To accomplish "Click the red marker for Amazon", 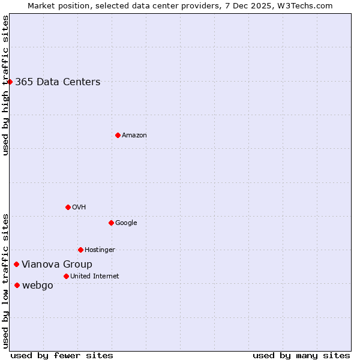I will point(118,135).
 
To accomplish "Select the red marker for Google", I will point(111,223).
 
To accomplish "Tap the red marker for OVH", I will point(68,207).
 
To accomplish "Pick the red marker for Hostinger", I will point(80,250).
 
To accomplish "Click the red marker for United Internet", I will point(66,276).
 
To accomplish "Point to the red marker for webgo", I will point(17,285).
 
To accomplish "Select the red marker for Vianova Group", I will point(16,264).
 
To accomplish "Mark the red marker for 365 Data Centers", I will point(10,82).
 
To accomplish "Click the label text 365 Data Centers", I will point(58,82).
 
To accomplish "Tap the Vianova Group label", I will point(57,264).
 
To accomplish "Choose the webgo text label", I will point(38,285).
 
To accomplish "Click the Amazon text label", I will point(134,135).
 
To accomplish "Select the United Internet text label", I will point(95,276).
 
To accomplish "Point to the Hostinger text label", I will point(100,250).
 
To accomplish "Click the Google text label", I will point(126,223).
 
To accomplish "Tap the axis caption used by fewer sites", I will point(62,355).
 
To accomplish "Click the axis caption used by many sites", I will point(301,355).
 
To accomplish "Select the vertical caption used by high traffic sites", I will point(5,85).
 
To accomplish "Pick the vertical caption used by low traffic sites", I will point(5,281).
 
